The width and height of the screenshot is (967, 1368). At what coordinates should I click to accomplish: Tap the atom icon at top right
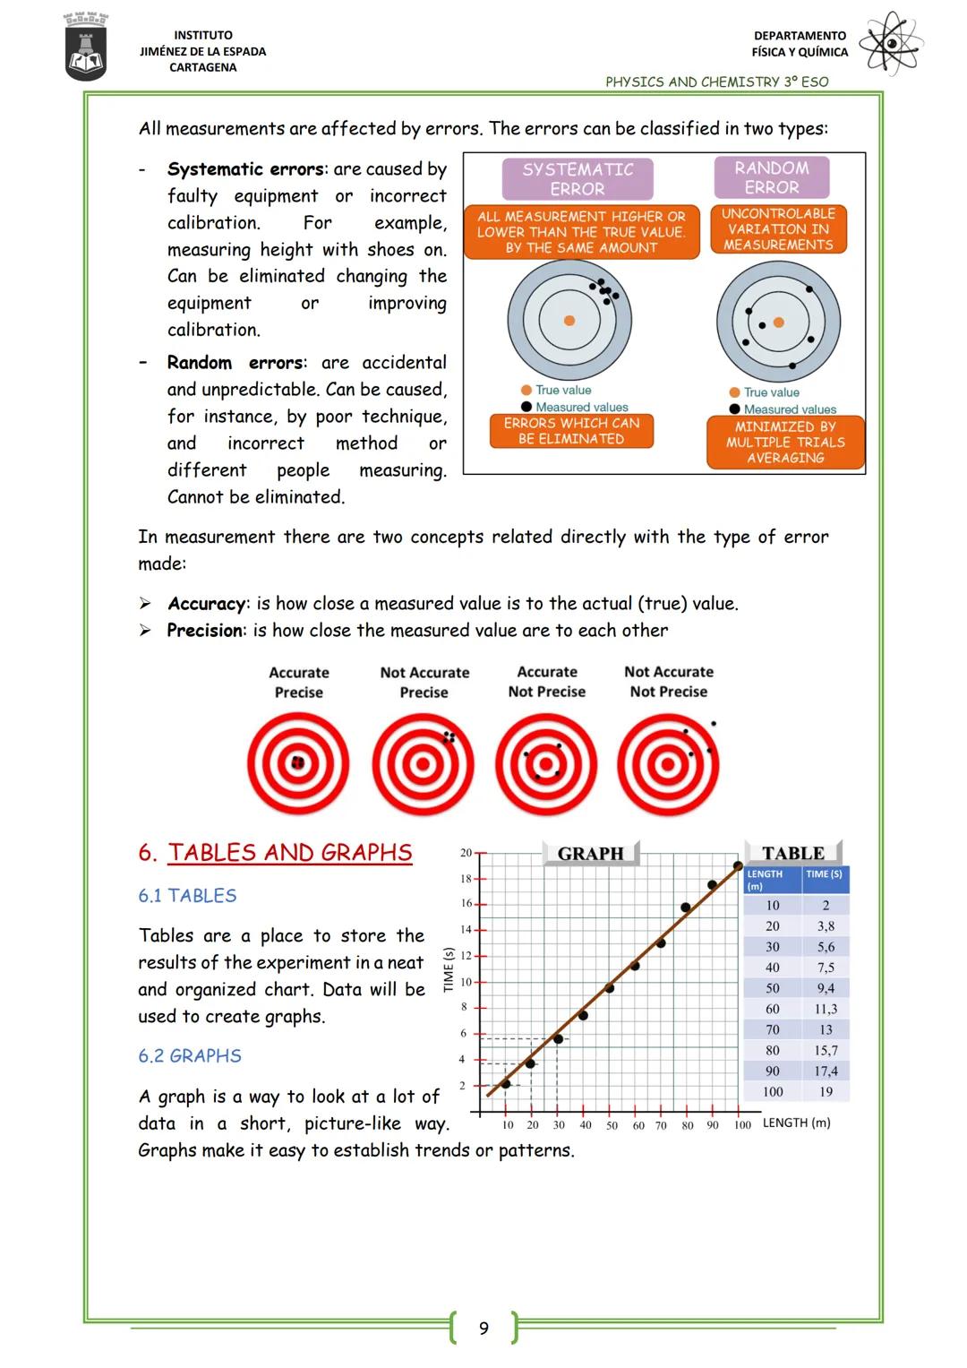[x=890, y=43]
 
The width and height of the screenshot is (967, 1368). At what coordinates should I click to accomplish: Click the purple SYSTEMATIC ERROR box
[x=578, y=179]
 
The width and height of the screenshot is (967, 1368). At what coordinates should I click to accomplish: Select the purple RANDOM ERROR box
[x=772, y=177]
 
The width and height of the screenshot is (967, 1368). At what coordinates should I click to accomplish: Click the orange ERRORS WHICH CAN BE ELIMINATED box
[x=571, y=431]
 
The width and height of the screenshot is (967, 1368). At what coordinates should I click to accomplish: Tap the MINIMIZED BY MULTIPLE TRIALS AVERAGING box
[x=785, y=443]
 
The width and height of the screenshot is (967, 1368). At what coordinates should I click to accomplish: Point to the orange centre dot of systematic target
[x=569, y=320]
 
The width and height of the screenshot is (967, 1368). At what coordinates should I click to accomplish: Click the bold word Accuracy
[x=206, y=604]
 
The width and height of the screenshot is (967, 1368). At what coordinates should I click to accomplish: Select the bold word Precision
[x=204, y=631]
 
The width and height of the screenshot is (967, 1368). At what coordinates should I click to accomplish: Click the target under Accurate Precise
[x=298, y=763]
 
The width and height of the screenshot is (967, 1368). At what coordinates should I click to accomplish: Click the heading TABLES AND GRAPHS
[x=289, y=853]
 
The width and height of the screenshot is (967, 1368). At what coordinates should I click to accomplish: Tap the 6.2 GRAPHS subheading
[x=190, y=1056]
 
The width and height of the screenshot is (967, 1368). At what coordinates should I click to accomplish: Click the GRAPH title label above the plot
[x=590, y=854]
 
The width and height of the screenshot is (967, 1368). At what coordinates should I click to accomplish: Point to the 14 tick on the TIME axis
[x=466, y=930]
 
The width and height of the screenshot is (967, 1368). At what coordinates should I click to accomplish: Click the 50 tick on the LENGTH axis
[x=612, y=1125]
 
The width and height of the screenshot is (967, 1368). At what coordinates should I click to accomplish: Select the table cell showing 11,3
[x=826, y=1009]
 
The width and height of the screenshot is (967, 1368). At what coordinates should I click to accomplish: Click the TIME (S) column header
[x=824, y=874]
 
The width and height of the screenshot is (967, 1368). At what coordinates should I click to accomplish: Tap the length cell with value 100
[x=773, y=1092]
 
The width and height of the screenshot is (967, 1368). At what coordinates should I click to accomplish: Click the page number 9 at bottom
[x=483, y=1328]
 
